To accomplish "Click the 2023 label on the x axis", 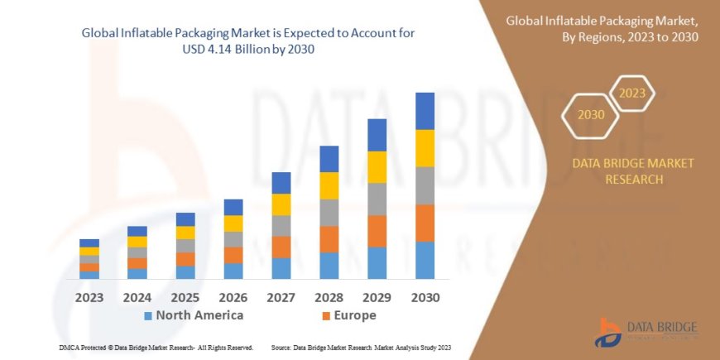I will [89, 296].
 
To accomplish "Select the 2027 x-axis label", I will [281, 296].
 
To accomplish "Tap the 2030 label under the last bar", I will [425, 296].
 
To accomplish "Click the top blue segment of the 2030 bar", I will [425, 111].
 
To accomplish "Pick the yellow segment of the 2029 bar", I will [377, 167].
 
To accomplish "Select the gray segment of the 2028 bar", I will [329, 212].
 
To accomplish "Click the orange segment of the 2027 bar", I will [281, 247].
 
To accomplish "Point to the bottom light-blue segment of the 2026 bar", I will [233, 271].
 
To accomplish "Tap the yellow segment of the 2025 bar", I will [185, 233].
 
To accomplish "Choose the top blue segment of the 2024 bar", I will [137, 231].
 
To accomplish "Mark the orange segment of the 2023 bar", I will [89, 267].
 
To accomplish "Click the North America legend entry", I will [193, 315].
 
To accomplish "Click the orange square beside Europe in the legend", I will [326, 316].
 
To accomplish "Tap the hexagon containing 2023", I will [631, 93].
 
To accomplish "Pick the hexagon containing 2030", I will [590, 115].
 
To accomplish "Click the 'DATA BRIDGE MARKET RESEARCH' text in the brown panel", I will [633, 171].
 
